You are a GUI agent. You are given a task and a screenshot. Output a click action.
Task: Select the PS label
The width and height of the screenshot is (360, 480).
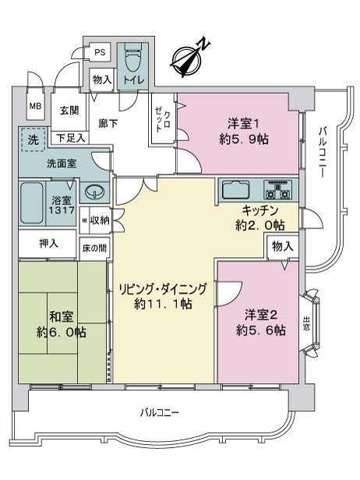point(100,52)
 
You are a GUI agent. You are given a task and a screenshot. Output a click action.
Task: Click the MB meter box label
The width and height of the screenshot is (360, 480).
point(35,106)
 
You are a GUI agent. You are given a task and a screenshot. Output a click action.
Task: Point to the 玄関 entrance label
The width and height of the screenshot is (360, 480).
point(69,110)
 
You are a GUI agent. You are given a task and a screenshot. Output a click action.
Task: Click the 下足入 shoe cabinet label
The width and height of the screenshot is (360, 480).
point(71,139)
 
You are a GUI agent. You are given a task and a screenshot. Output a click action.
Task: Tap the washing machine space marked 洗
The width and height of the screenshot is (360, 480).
point(34,139)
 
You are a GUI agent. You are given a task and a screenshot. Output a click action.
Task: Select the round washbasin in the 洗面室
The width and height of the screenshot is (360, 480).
point(94,192)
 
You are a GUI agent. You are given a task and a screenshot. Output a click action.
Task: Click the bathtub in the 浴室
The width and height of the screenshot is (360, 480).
point(31,203)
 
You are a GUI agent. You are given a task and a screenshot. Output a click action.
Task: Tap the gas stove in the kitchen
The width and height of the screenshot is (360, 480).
point(277,190)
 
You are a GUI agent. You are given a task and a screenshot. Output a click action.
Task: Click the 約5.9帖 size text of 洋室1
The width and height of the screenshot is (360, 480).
point(244,139)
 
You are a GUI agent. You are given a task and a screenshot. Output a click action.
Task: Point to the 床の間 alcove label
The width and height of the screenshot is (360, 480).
point(94,249)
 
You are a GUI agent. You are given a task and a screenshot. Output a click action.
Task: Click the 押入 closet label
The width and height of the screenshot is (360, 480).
point(48,244)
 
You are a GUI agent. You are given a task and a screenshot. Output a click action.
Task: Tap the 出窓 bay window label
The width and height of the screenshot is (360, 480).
point(305,323)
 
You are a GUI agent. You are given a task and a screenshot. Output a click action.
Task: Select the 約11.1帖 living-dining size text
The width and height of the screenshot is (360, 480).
point(163,304)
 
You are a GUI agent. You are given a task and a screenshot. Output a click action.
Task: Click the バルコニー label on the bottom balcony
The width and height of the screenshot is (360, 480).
point(160,412)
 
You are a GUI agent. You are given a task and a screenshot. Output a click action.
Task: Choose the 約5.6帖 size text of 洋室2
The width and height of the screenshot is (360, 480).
point(261,330)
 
